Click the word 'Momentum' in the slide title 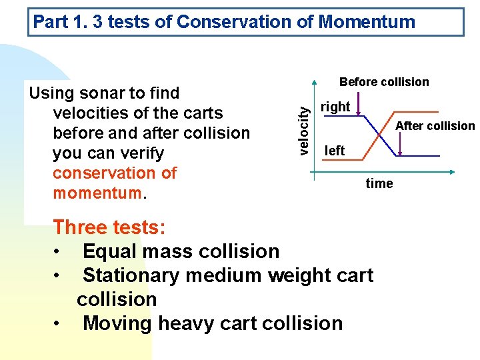367,22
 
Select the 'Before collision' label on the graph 384,82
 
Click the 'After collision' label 435,126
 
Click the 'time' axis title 379,184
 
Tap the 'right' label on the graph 335,107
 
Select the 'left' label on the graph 334,151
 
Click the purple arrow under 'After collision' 399,143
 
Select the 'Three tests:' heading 109,227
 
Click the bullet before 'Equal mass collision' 59,252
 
